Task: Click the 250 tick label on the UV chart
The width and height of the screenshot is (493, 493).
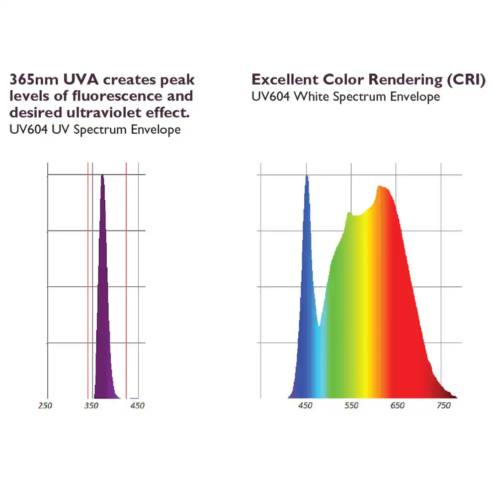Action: [45, 406]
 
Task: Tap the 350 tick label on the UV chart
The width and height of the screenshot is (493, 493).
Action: [91, 406]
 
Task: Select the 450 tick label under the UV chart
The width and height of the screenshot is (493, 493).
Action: [137, 406]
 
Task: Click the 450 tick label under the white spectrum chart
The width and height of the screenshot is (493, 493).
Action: [305, 405]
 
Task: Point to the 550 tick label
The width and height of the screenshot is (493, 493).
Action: [351, 405]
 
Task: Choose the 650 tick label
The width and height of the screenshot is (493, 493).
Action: [398, 405]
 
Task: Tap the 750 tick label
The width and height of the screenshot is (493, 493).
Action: [444, 405]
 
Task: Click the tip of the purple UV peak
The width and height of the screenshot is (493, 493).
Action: [102, 175]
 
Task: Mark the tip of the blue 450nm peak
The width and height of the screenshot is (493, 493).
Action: [307, 175]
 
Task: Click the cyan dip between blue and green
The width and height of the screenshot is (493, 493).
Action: [319, 326]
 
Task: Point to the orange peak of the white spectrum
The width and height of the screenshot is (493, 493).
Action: [380, 186]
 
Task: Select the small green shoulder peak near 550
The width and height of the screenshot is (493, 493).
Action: [349, 213]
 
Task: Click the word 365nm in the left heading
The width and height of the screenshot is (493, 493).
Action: [34, 80]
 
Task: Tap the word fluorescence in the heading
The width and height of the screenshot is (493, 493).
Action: [117, 96]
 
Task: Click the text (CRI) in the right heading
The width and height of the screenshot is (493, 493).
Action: [466, 80]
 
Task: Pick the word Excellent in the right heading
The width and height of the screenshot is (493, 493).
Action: [285, 80]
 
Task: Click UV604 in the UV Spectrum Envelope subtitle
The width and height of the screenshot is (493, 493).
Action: [29, 130]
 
